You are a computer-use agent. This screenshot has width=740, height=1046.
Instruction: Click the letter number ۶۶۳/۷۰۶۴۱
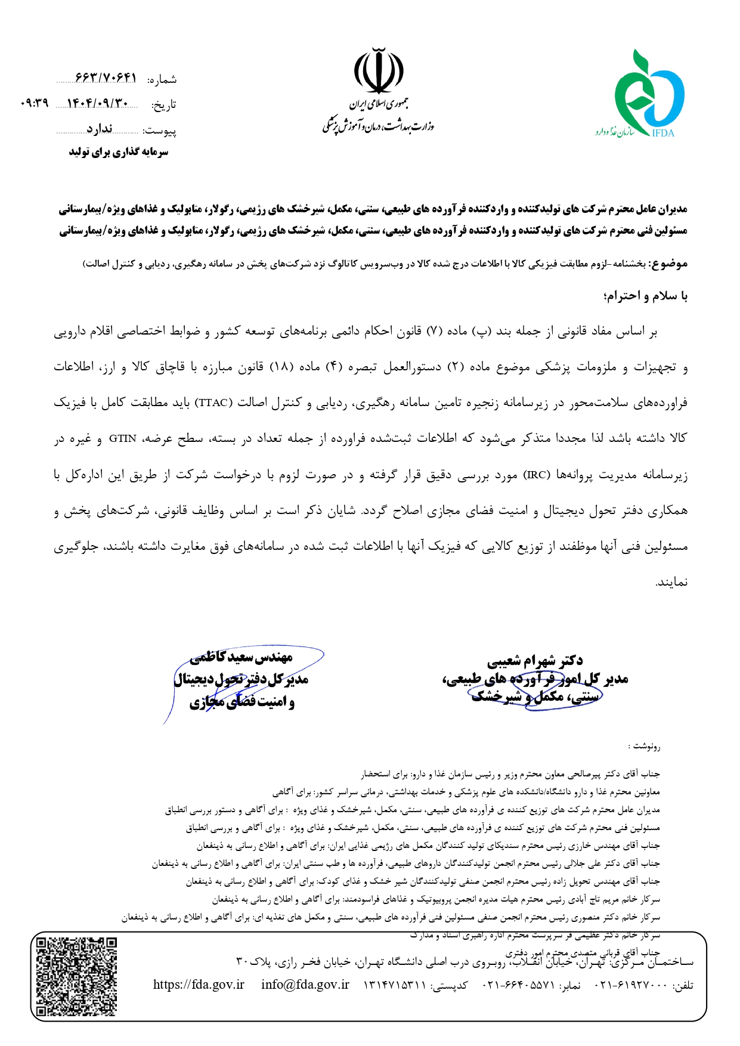106,78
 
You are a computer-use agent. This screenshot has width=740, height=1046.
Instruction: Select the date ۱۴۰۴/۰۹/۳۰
97,104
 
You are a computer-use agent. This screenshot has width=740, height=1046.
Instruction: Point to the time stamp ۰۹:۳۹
34,103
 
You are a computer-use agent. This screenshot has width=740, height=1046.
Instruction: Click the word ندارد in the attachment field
99,129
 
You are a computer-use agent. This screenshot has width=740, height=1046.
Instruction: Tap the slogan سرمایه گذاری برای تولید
118,152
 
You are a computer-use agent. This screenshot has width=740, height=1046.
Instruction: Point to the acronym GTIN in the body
122,438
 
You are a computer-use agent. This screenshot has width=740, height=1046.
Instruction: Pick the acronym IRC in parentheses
536,475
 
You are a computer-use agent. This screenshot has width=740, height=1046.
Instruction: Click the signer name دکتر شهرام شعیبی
535,661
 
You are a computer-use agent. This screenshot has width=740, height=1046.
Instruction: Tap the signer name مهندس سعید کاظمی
241,657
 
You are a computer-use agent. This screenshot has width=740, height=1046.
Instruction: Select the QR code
77,976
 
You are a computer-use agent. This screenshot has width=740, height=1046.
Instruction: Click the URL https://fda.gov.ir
199,985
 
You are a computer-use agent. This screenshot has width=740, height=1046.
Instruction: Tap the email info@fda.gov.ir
305,985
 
